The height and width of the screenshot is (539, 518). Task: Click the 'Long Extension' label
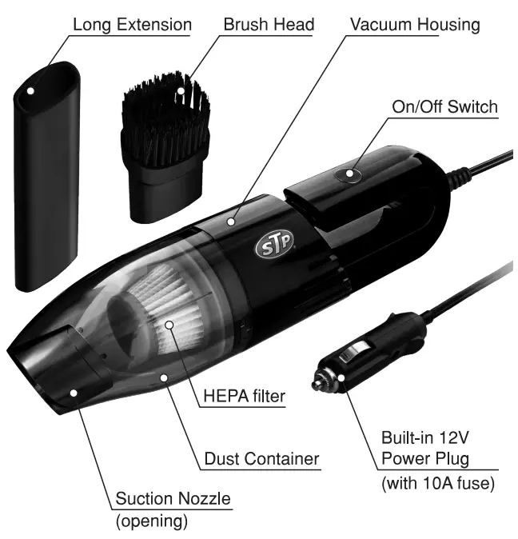click(132, 25)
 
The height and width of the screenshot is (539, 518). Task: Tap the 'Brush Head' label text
click(269, 25)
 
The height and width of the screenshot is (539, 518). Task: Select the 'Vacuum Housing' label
click(416, 25)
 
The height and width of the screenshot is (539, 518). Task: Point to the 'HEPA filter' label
click(245, 396)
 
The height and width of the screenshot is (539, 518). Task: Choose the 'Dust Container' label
click(262, 459)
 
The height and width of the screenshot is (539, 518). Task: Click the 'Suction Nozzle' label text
click(173, 500)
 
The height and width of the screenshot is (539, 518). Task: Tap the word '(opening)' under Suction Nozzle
click(152, 521)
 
